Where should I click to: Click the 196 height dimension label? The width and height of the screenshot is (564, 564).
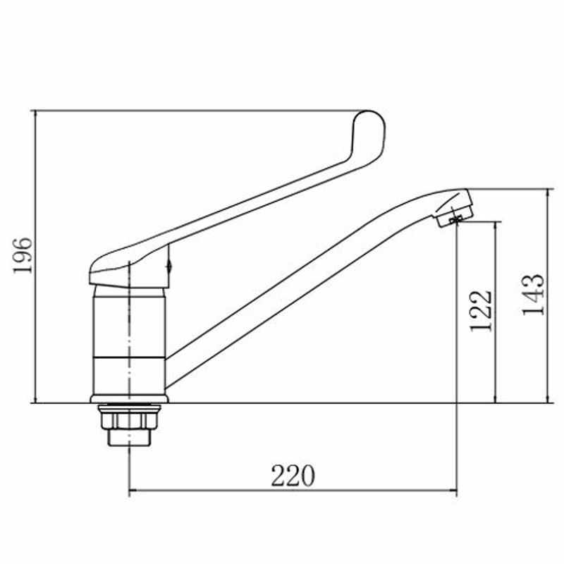click(x=23, y=255)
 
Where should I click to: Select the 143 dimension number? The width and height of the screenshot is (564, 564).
click(x=534, y=295)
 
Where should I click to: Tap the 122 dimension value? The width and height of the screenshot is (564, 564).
click(x=481, y=311)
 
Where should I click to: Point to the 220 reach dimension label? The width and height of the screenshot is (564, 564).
click(x=293, y=475)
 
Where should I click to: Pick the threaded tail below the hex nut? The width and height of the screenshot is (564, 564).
click(x=129, y=438)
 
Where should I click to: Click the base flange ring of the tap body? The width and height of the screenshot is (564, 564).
click(x=129, y=399)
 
